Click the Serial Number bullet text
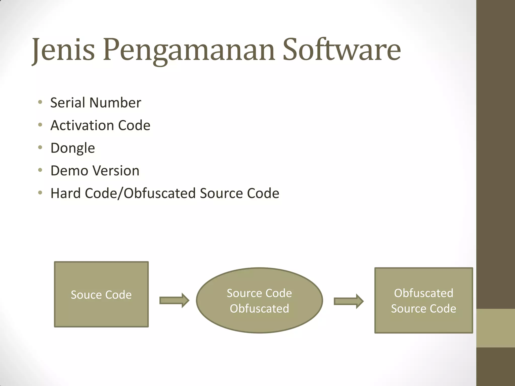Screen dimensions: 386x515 pos(96,103)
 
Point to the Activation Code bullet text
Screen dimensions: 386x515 pos(100,125)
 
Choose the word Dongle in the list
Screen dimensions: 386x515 pos(73,148)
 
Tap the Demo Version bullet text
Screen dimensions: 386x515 pos(95,171)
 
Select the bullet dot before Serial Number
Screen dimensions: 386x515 pos(40,102)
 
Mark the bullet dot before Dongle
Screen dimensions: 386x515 pos(40,148)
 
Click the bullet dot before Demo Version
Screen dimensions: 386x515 pos(40,170)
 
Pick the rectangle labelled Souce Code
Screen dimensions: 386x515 pos(101,276)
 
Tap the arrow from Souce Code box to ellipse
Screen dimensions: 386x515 pos(174,300)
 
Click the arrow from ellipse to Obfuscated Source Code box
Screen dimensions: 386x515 pos(349,301)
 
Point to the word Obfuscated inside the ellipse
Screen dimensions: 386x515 pos(259,309)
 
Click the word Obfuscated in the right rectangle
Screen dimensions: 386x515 pos(423,293)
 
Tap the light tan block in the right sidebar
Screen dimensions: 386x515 pos(496,328)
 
